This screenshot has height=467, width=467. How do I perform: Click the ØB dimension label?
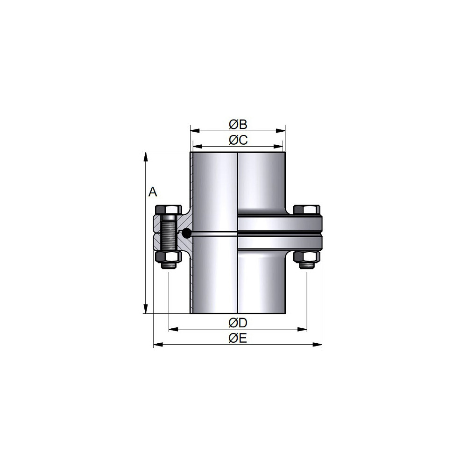(x=238, y=125)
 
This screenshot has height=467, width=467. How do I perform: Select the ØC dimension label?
(x=238, y=140)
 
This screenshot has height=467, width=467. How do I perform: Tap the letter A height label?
(x=153, y=192)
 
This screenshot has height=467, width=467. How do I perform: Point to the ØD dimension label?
(x=238, y=323)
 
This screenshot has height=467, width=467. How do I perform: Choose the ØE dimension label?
(x=238, y=338)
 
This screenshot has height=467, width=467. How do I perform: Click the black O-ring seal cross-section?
(x=186, y=233)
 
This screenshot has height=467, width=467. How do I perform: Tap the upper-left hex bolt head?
(x=168, y=210)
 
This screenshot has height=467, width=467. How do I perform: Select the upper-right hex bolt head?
(x=306, y=210)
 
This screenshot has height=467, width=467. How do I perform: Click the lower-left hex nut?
(x=168, y=257)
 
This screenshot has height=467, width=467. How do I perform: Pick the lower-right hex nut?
(x=306, y=257)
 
